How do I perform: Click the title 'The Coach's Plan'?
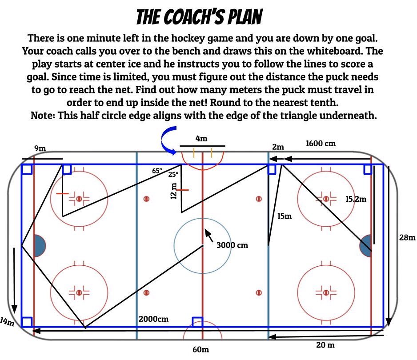pyautogui.click(x=199, y=17)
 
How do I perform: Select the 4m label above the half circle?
pyautogui.click(x=201, y=139)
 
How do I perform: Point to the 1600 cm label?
pyautogui.click(x=320, y=144)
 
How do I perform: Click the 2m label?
pyautogui.click(x=279, y=147)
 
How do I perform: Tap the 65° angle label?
pyautogui.click(x=157, y=171)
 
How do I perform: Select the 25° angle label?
pyautogui.click(x=173, y=175)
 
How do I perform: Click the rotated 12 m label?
pyautogui.click(x=174, y=191)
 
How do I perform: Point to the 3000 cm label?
pyautogui.click(x=232, y=245)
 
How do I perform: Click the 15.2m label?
pyautogui.click(x=356, y=199)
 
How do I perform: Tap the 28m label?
pyautogui.click(x=407, y=238)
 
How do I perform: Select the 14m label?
pyautogui.click(x=7, y=321)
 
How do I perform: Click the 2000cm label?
pyautogui.click(x=153, y=319)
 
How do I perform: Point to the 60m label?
pyautogui.click(x=200, y=349)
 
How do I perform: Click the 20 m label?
pyautogui.click(x=325, y=345)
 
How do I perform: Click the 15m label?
pyautogui.click(x=284, y=216)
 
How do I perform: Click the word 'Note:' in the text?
pyautogui.click(x=43, y=115)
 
